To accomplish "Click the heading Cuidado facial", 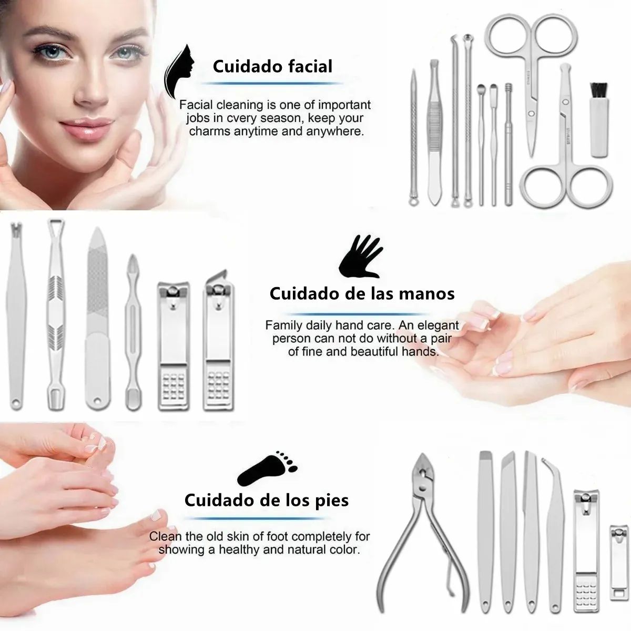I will tap(272, 66).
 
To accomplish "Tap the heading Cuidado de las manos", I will tap(362, 293).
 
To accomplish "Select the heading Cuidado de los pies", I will tap(267, 500).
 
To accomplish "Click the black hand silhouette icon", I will tap(360, 256).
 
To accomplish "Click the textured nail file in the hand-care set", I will tap(97, 315).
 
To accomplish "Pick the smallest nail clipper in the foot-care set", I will tap(619, 562).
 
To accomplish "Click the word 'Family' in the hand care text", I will tap(283, 325).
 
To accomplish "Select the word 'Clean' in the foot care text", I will tap(166, 537).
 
